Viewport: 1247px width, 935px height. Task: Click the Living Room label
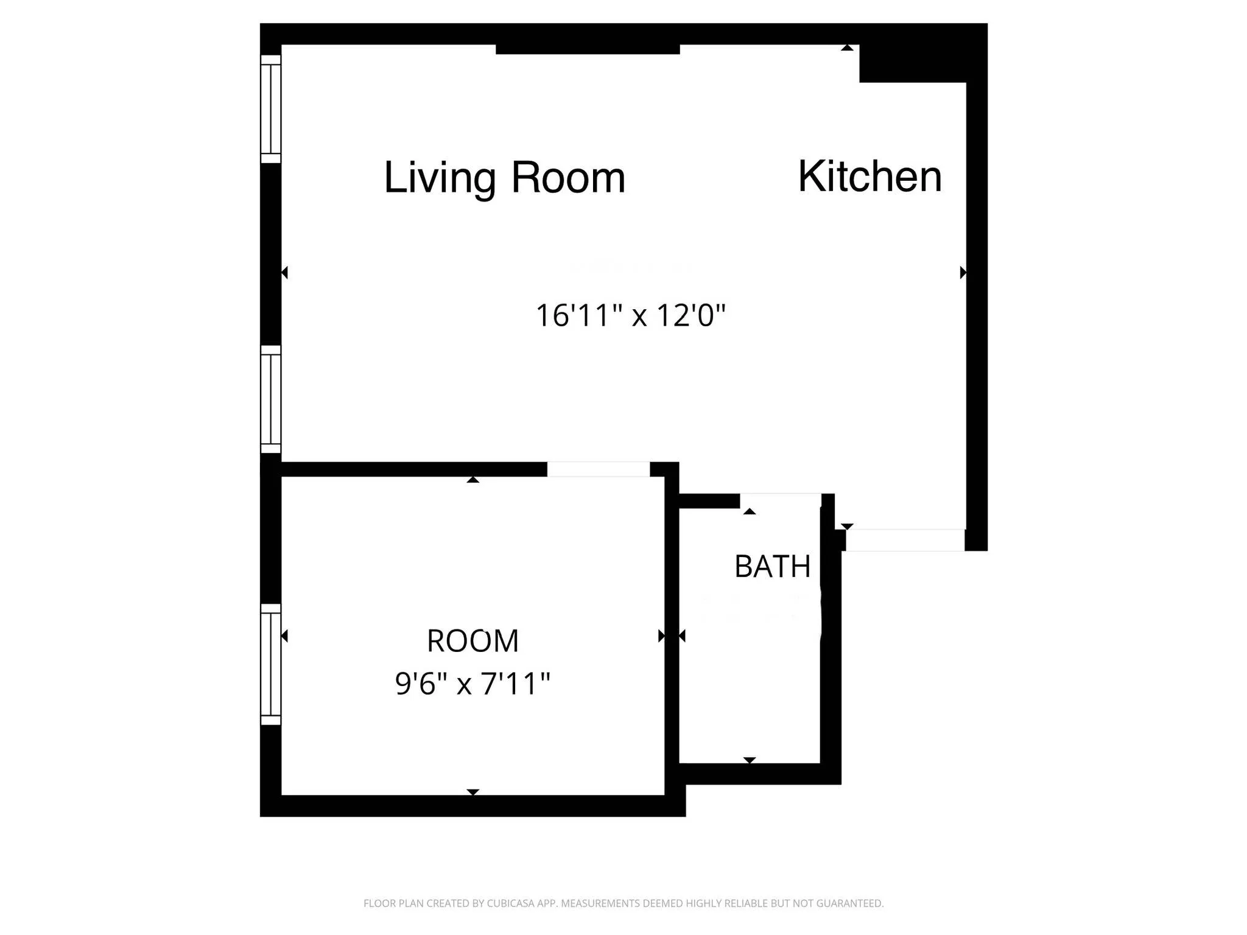504,178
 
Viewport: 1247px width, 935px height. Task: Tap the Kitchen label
869,177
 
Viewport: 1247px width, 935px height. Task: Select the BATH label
772,567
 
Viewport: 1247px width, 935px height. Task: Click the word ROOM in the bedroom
472,641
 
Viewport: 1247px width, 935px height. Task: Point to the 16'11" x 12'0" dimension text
630,316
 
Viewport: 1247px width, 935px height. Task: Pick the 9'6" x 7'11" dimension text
472,684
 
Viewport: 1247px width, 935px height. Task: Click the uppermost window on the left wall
271,109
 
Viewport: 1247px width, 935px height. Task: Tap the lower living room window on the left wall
271,399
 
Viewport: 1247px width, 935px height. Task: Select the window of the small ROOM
271,664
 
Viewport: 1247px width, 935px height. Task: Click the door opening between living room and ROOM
598,469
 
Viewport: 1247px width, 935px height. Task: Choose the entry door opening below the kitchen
905,540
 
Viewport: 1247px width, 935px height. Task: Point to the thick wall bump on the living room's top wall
588,49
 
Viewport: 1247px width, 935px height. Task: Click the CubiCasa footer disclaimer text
623,903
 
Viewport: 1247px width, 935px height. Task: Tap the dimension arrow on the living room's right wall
963,272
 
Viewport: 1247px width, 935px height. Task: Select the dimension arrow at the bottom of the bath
750,760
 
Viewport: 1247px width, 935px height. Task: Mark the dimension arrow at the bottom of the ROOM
472,792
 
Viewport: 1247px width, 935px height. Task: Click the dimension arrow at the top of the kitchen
847,47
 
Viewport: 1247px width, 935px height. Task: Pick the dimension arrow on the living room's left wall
284,272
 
